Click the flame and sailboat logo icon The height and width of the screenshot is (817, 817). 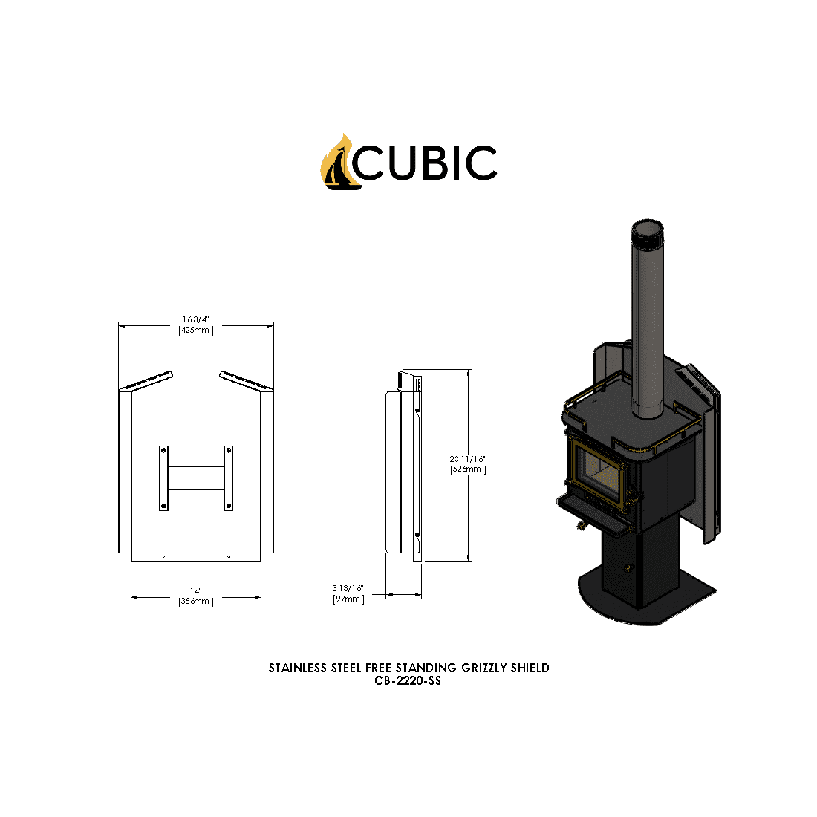338,162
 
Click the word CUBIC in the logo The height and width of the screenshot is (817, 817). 425,163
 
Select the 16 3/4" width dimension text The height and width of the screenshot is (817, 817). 196,319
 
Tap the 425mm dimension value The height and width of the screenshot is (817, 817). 196,330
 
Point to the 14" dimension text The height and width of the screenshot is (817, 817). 196,591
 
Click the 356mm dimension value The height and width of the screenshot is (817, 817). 196,602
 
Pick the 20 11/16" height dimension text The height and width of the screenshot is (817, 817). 468,459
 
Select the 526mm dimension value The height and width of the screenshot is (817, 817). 468,469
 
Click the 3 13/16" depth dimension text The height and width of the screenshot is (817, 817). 348,588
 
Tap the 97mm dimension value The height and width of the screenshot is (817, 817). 348,599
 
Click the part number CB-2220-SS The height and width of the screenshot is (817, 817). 408,680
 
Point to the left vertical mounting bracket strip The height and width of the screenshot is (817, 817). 163,478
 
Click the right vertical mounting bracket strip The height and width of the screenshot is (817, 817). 228,478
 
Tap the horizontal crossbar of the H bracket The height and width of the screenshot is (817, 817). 196,478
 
